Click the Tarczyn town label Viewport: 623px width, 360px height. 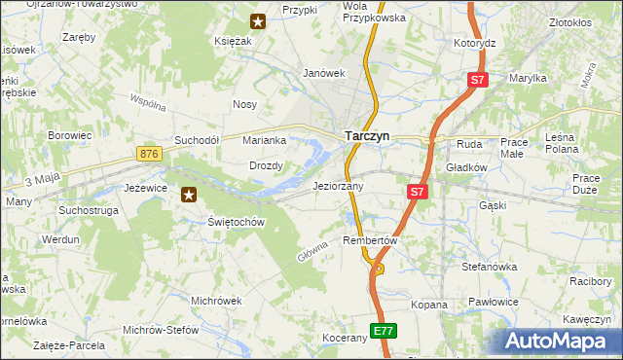coord(366,137)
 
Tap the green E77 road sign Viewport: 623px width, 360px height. coord(384,331)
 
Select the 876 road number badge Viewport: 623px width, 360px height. coord(149,154)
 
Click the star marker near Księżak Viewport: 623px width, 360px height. coord(258,20)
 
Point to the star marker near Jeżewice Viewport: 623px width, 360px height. coord(190,195)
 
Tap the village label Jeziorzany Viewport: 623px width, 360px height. coord(338,186)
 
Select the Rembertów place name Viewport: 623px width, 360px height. coord(372,239)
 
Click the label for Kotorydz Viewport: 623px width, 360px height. coord(475,44)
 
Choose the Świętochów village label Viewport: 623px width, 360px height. coord(237,222)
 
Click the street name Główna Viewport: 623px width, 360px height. coord(311,251)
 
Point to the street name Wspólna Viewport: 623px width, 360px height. coord(149,102)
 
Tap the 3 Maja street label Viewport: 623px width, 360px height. coord(43,180)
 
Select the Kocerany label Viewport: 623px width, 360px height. coord(345,338)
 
